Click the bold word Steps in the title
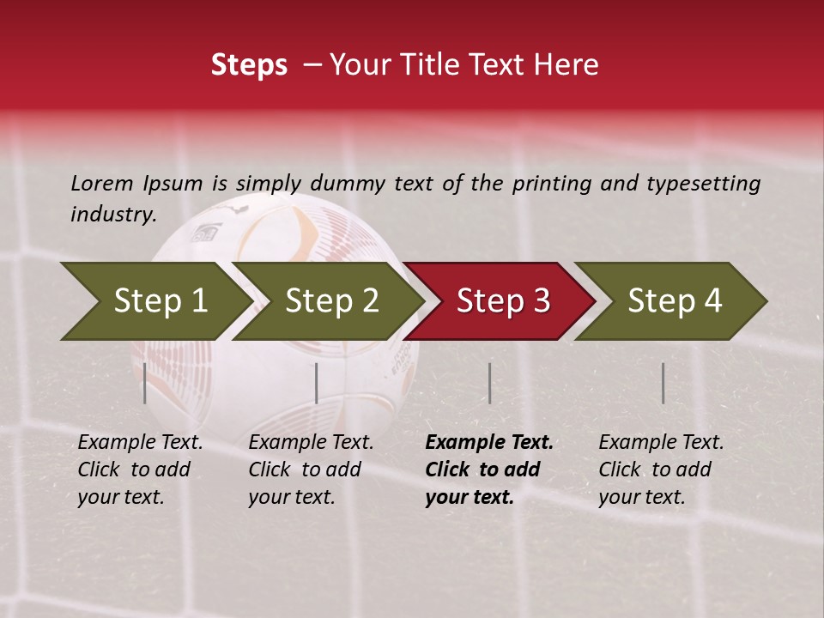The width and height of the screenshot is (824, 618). point(249,65)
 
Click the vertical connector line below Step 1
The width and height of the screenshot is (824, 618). point(145,383)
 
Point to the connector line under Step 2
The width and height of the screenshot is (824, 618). point(317,383)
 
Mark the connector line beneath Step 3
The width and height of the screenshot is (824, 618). point(489,383)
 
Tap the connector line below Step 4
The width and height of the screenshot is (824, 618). point(663,383)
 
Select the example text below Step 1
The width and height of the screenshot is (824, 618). point(139,470)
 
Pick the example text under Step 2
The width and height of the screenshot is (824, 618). point(310,470)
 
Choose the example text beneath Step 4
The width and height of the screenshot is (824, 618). point(660,470)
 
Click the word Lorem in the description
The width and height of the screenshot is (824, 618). point(102,183)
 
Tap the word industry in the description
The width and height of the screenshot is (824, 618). point(112,215)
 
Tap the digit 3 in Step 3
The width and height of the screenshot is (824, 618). point(541,301)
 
